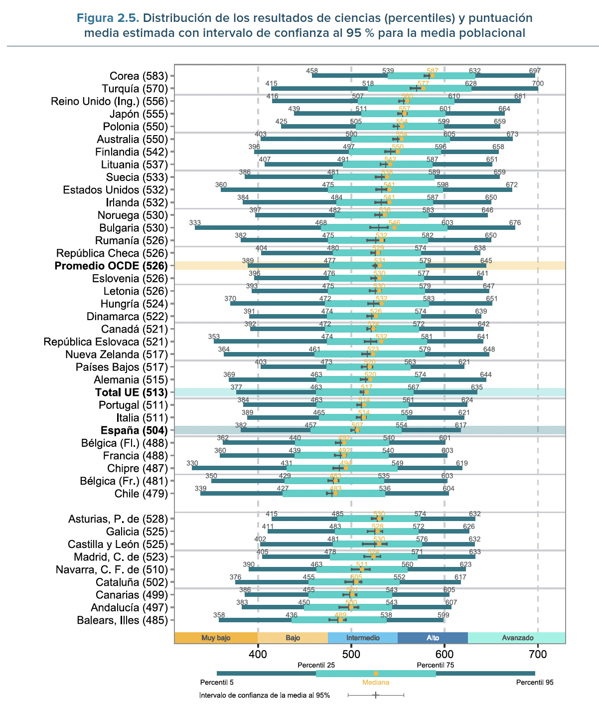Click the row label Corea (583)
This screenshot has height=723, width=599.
[x=139, y=76]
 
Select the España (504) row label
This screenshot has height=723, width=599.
[x=134, y=430]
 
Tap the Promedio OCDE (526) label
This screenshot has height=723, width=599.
[x=111, y=266]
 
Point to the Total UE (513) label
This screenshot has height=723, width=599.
[x=131, y=392]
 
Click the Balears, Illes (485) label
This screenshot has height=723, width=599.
[x=122, y=620]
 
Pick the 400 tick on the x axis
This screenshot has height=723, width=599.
[x=258, y=654]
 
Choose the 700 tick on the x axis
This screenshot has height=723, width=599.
[x=538, y=654]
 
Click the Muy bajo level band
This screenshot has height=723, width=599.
[x=216, y=638]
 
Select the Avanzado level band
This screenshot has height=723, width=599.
[x=517, y=638]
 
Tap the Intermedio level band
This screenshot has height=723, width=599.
[x=363, y=638]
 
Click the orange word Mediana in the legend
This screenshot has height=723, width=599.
[x=376, y=683]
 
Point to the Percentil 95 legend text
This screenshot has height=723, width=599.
[x=535, y=683]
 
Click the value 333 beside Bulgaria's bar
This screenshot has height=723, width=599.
[x=195, y=223]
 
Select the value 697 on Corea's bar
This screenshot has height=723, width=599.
[x=535, y=71]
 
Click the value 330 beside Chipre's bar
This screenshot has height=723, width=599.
[x=192, y=463]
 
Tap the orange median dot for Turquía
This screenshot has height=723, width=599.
[x=424, y=88]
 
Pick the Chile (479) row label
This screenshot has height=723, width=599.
[x=141, y=494]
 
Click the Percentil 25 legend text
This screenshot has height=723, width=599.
[x=316, y=665]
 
